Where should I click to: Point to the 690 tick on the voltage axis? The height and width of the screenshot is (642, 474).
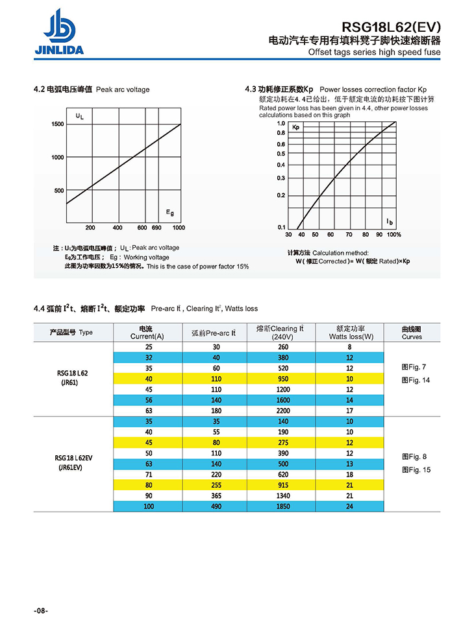point(156,228)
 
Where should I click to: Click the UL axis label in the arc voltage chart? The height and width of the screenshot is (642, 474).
point(79,117)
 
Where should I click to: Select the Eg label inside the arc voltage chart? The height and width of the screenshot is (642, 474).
point(169,212)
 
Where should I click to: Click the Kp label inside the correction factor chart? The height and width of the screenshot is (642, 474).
point(295,127)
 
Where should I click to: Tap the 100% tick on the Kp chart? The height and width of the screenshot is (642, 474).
point(394,235)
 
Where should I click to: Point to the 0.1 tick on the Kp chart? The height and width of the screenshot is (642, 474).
point(281,227)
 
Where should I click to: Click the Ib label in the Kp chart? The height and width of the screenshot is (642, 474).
point(390,222)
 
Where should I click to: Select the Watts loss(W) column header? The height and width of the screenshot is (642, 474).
point(351,333)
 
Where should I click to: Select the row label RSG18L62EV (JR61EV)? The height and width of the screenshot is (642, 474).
point(73,462)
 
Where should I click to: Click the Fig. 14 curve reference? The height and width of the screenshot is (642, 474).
point(416,380)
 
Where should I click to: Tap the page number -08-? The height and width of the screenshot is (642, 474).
point(41,611)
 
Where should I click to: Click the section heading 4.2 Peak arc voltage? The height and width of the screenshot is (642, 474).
point(91,89)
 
